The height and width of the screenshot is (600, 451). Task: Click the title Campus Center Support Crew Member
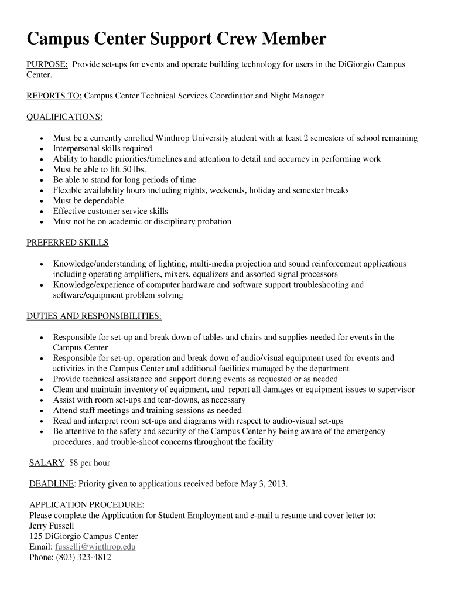[x=176, y=40]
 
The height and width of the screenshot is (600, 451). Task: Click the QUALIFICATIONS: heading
[x=64, y=117]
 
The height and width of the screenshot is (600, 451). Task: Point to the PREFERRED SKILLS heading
[x=67, y=243]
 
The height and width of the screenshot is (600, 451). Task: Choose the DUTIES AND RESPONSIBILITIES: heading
[x=94, y=316]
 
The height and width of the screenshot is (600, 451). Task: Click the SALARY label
[x=46, y=463]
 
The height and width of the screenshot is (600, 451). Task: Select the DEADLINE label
[x=52, y=484]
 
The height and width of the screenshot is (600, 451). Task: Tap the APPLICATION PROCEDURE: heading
[x=86, y=505]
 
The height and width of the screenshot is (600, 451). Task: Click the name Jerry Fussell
[x=52, y=526]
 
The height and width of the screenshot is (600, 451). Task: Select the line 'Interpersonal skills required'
[x=102, y=148]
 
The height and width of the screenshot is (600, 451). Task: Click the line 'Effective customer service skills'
[x=110, y=211]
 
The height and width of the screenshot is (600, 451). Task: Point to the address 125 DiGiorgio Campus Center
[x=84, y=536]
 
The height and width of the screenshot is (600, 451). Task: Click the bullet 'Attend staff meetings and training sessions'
[x=147, y=410]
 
